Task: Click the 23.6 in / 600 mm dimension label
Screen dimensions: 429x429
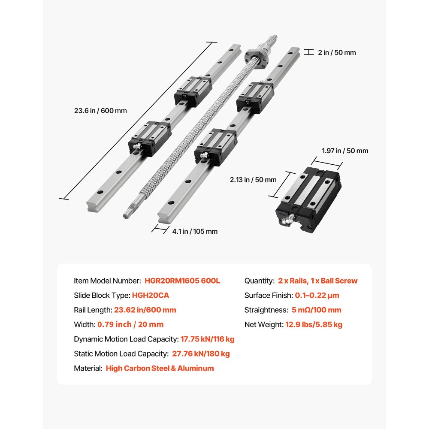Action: coord(100,110)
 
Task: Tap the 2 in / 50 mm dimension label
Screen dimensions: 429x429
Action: coord(337,53)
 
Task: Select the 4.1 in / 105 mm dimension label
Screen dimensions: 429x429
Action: coord(195,232)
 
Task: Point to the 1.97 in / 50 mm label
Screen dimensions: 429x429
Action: coord(345,151)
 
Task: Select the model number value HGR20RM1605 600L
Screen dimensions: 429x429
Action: coord(182,281)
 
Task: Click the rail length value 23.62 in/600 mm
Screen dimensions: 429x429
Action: coord(145,310)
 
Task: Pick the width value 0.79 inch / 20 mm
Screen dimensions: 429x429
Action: coord(130,325)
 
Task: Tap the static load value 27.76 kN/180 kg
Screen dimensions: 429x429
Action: coord(200,354)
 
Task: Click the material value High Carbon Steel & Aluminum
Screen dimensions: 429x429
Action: coord(160,369)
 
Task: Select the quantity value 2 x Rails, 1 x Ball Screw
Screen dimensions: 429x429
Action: coord(317,281)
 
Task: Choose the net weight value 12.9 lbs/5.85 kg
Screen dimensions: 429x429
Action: coord(314,325)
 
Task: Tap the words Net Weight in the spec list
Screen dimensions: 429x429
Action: coord(263,325)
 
